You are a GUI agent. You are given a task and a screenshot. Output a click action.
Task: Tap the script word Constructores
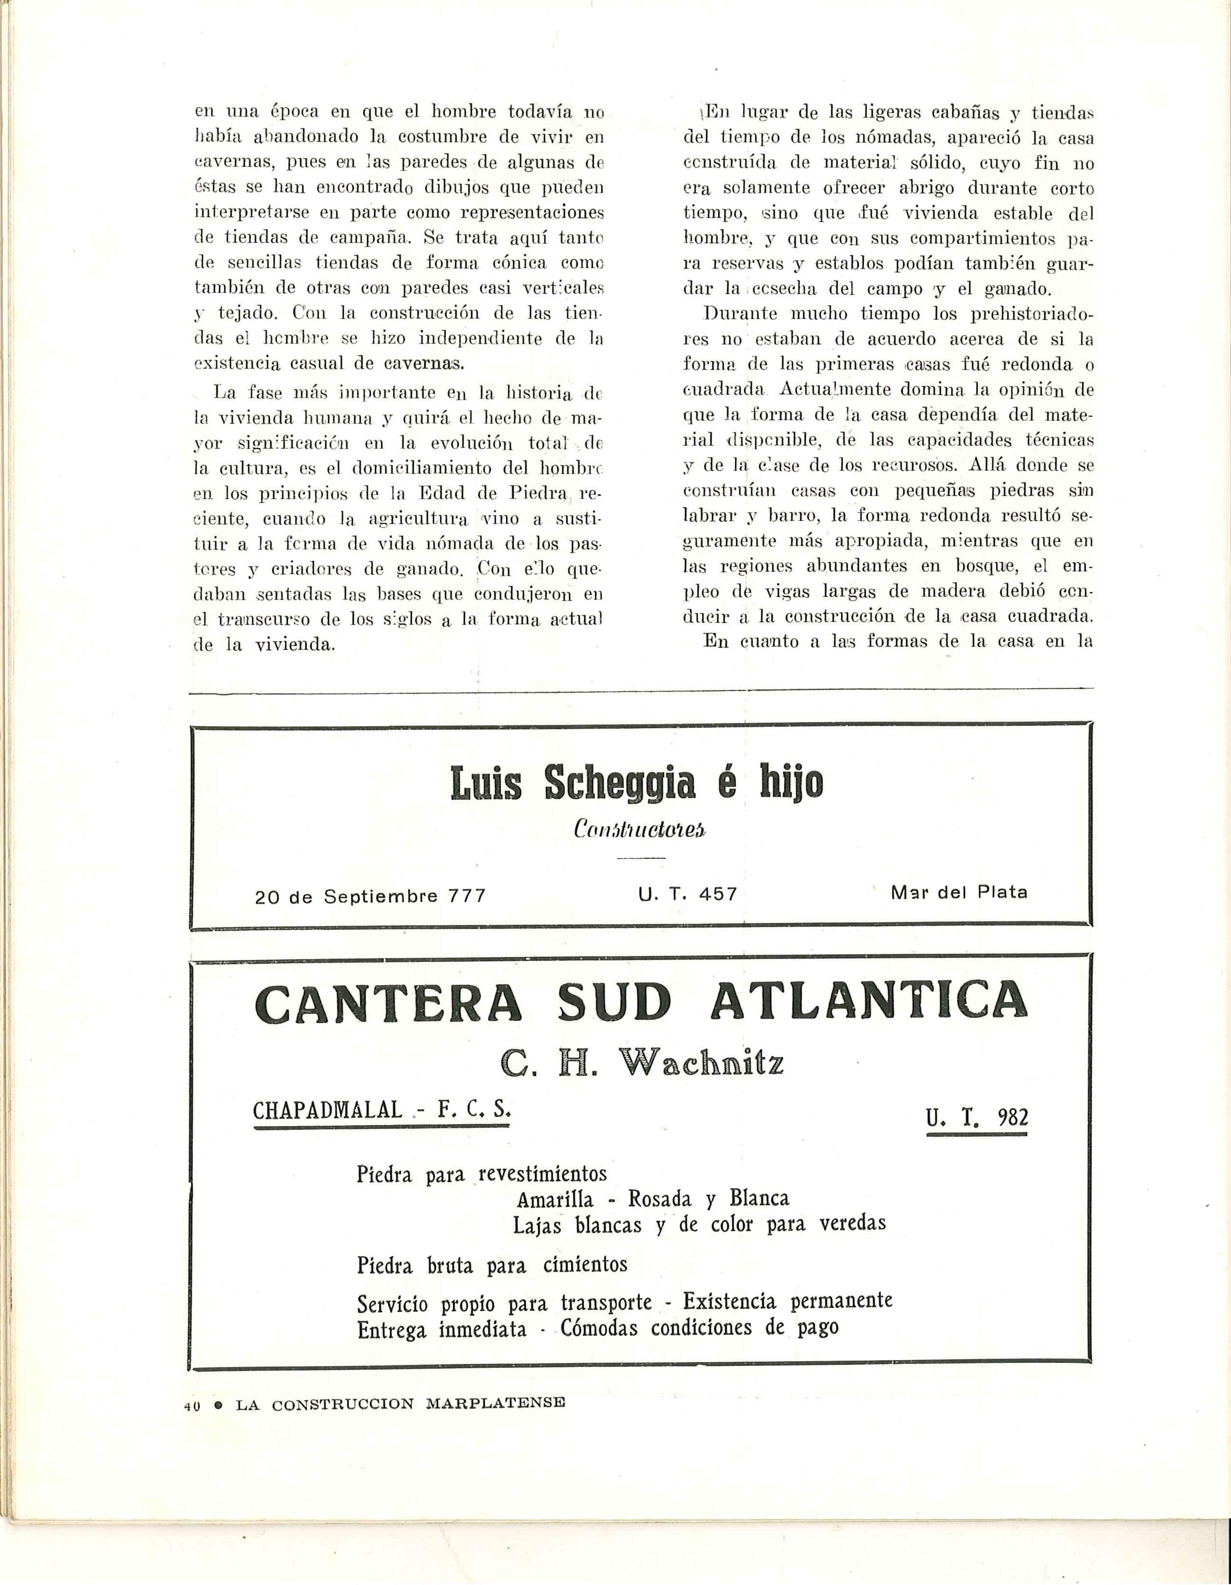(x=640, y=830)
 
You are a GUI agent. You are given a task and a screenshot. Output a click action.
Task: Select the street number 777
(x=467, y=896)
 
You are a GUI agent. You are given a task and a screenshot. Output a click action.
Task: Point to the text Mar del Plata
(x=959, y=893)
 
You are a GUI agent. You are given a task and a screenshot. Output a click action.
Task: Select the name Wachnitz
(x=701, y=1065)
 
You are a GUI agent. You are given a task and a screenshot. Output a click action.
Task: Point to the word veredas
(x=853, y=1224)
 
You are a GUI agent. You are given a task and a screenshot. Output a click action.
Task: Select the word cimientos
(x=585, y=1265)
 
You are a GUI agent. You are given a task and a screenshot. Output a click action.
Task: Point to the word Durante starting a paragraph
(x=739, y=315)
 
